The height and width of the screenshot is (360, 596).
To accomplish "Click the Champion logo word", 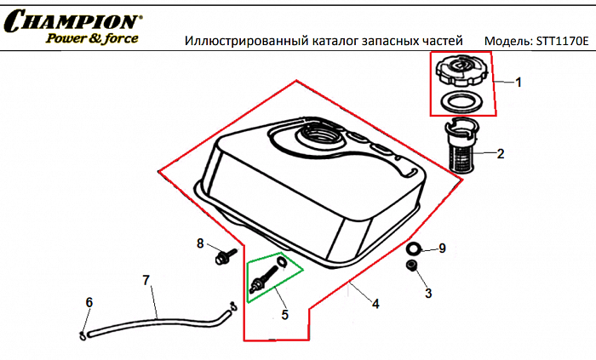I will tap(72, 21).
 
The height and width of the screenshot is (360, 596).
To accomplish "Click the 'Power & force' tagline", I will tap(92, 38).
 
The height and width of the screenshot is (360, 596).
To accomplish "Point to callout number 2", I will tap(501, 154).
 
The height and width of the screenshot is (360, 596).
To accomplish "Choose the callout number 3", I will tap(428, 293).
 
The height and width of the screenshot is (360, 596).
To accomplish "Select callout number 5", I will tap(284, 314).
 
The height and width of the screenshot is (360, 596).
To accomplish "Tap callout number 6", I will tap(89, 302).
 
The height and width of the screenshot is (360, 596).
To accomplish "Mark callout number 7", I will tap(146, 280).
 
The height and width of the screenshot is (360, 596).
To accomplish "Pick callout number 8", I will tap(201, 243).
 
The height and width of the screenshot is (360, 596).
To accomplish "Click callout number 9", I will tap(442, 249).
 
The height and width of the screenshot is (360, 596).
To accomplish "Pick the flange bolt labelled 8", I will tap(224, 256).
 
